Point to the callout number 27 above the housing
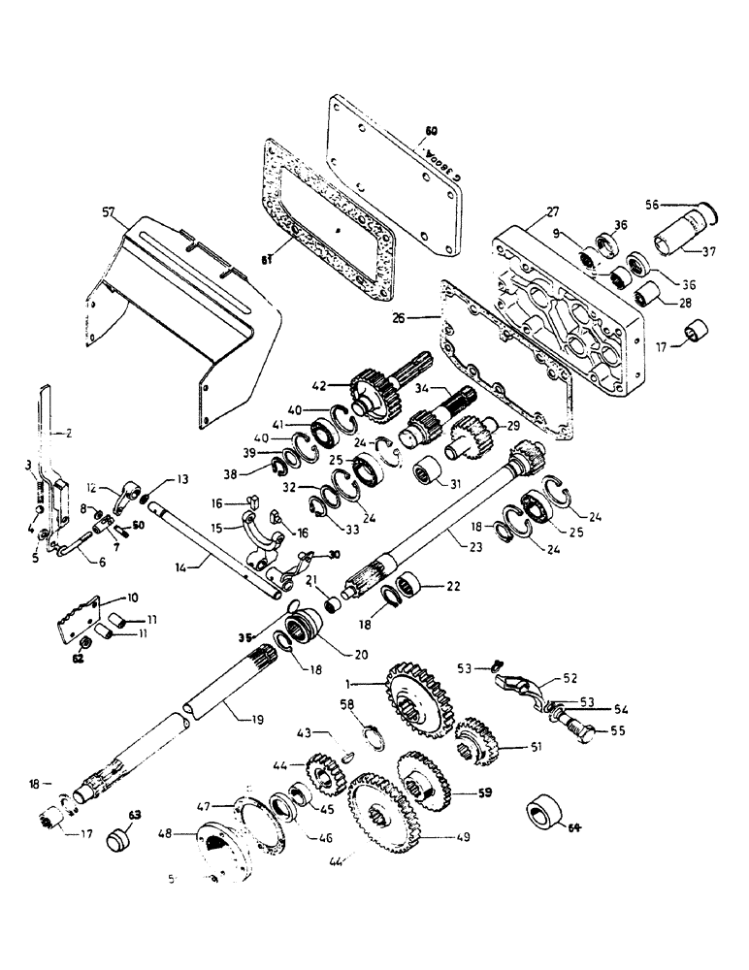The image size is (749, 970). coord(551,211)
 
